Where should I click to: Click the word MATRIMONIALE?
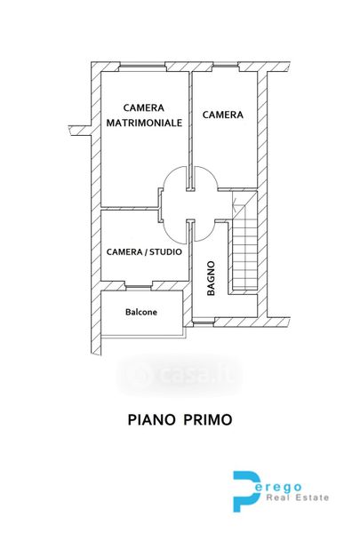point(144,123)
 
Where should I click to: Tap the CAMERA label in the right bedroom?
point(223,115)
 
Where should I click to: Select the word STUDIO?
point(165,252)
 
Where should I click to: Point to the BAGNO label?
point(211,278)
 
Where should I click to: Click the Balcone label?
point(141,312)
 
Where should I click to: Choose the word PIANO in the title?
point(151,420)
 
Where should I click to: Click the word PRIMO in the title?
point(208,420)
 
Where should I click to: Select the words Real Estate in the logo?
point(298,498)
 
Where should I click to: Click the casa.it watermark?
point(180,375)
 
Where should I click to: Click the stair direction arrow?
point(235,203)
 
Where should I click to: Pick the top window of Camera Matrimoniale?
point(142,67)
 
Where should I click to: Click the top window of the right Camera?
point(225,67)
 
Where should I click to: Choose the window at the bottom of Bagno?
point(204,322)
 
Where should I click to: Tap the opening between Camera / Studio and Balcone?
point(139,286)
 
